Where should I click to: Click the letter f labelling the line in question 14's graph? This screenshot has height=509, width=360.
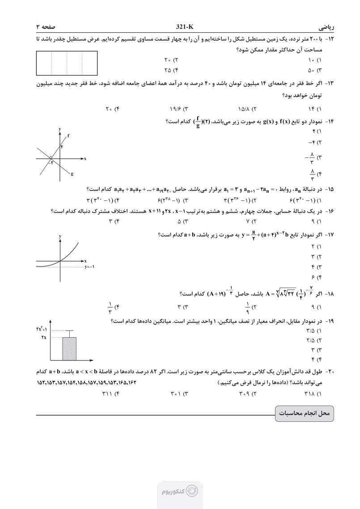click(68, 135)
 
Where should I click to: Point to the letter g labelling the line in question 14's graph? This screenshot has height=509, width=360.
click(72, 174)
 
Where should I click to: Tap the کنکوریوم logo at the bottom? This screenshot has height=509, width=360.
click(179, 491)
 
